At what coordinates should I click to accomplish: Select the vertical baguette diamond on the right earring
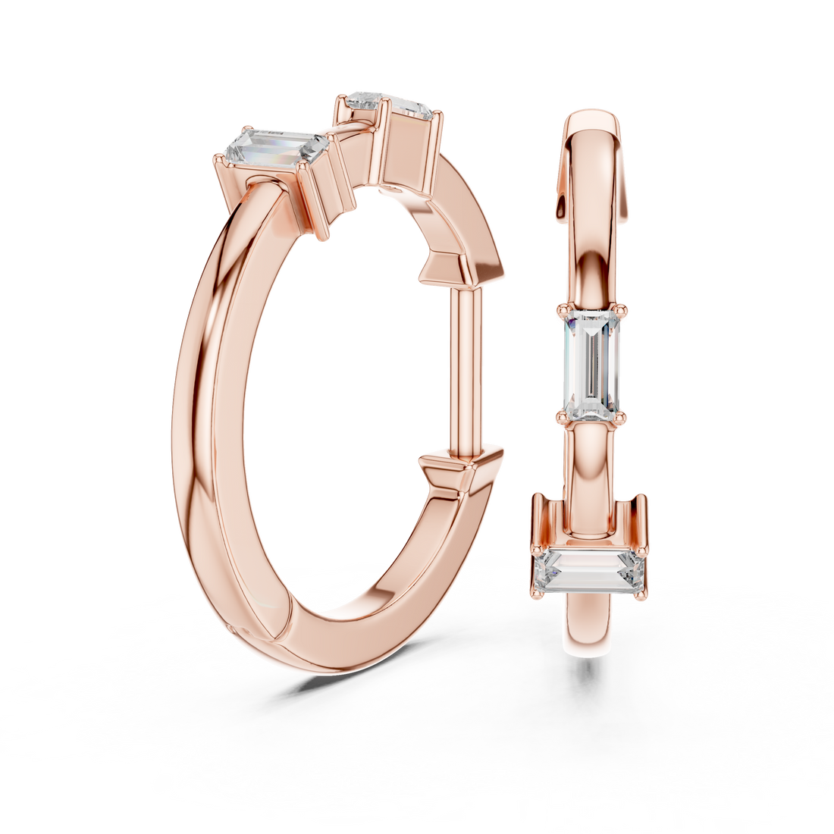593,362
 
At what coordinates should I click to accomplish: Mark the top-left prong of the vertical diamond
563,309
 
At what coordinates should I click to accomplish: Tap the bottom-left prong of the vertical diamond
563,415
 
